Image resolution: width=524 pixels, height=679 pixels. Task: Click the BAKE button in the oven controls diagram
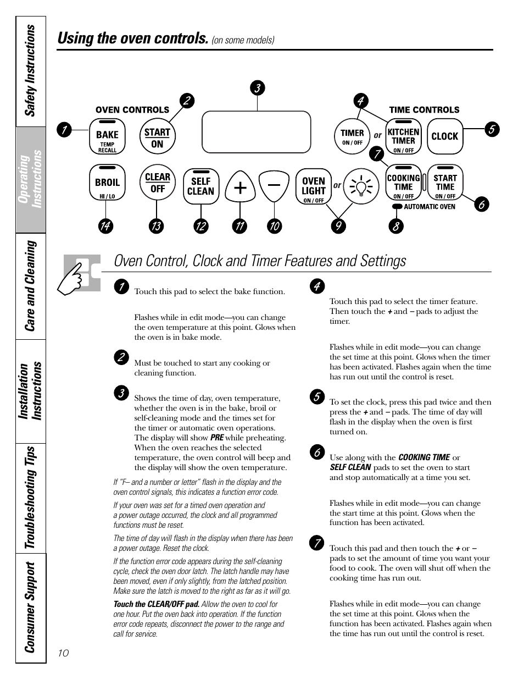tap(107, 137)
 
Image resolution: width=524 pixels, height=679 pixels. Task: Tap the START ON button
tap(157, 137)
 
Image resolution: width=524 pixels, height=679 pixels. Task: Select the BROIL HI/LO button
tap(107, 183)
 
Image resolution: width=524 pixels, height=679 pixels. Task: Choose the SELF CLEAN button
tap(200, 186)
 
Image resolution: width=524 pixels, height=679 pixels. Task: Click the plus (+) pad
tap(239, 187)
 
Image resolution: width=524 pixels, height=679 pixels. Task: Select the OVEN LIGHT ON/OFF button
tap(314, 187)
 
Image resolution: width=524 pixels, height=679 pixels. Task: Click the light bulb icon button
tap(361, 187)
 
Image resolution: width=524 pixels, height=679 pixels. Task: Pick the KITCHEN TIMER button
tap(403, 136)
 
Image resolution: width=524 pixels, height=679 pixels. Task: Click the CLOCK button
tap(444, 136)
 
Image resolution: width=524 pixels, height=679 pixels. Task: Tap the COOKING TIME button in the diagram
tap(403, 183)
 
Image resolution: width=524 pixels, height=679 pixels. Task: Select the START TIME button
tap(445, 183)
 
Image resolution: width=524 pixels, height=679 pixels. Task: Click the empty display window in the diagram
tap(256, 132)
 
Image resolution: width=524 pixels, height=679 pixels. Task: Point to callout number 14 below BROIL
tap(106, 226)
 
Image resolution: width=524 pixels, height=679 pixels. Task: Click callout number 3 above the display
tap(257, 88)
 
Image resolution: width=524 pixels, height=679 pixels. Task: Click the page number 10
tap(63, 653)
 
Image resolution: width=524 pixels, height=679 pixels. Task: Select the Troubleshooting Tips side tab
tap(31, 498)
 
